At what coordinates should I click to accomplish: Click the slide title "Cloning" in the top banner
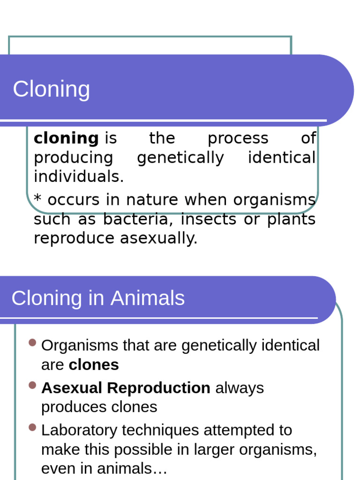tap(51, 89)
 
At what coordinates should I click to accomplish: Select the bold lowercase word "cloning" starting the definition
tap(66, 138)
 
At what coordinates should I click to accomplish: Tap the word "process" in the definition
tap(238, 138)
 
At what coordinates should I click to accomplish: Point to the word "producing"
tap(73, 158)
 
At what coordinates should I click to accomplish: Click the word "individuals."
tap(79, 177)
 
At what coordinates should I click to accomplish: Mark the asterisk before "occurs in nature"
tap(38, 199)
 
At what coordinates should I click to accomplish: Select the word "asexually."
tap(159, 239)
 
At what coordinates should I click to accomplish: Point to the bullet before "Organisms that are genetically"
tap(32, 343)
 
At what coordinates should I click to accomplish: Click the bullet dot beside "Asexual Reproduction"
tap(32, 385)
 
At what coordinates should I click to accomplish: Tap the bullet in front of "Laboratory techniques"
tap(32, 427)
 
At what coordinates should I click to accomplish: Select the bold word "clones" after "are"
tap(94, 365)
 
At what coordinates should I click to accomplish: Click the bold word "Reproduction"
tap(158, 388)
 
